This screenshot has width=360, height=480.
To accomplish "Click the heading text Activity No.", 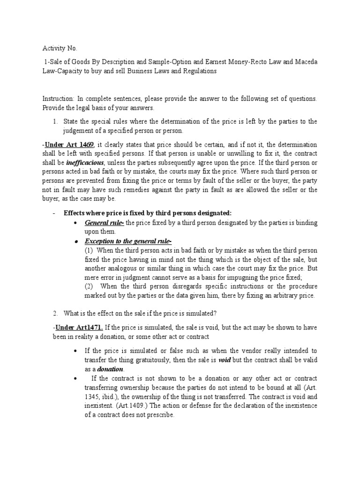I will point(58,48).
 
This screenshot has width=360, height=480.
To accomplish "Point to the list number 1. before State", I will point(55,121).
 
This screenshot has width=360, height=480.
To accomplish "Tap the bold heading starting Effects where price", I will point(148,213).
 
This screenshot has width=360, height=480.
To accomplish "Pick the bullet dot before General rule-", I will point(75,223).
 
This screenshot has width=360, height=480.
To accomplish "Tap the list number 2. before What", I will point(55,314).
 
